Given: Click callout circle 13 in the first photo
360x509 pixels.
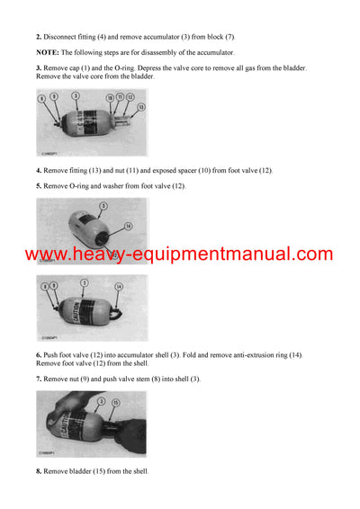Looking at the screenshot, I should pos(140,106).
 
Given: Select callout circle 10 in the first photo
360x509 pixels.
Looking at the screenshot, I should pos(110,96).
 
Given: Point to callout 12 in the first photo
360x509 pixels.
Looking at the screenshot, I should pos(130,96).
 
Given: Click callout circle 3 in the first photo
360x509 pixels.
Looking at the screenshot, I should pos(76,95).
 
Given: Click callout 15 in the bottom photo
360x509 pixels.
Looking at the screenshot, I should pos(116,402).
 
